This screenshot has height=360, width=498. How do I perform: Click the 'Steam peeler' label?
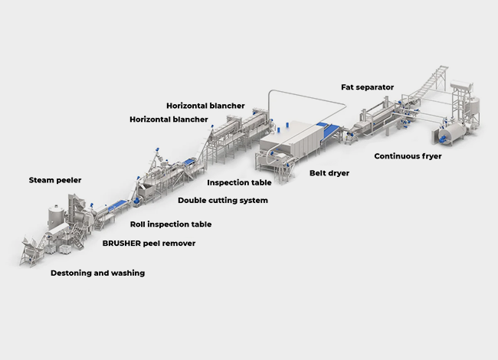[x=55, y=180]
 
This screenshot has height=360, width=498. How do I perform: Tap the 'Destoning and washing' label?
[x=97, y=273]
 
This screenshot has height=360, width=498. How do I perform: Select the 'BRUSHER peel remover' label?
[x=149, y=243]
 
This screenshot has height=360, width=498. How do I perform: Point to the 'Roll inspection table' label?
[x=170, y=224]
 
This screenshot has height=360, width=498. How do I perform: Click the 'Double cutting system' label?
[x=223, y=201]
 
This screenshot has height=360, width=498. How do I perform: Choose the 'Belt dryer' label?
[x=329, y=173]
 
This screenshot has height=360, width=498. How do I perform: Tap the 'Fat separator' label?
[x=367, y=87]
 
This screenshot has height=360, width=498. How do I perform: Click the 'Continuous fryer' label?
[x=408, y=156]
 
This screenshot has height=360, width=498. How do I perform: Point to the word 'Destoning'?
[x=70, y=273]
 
